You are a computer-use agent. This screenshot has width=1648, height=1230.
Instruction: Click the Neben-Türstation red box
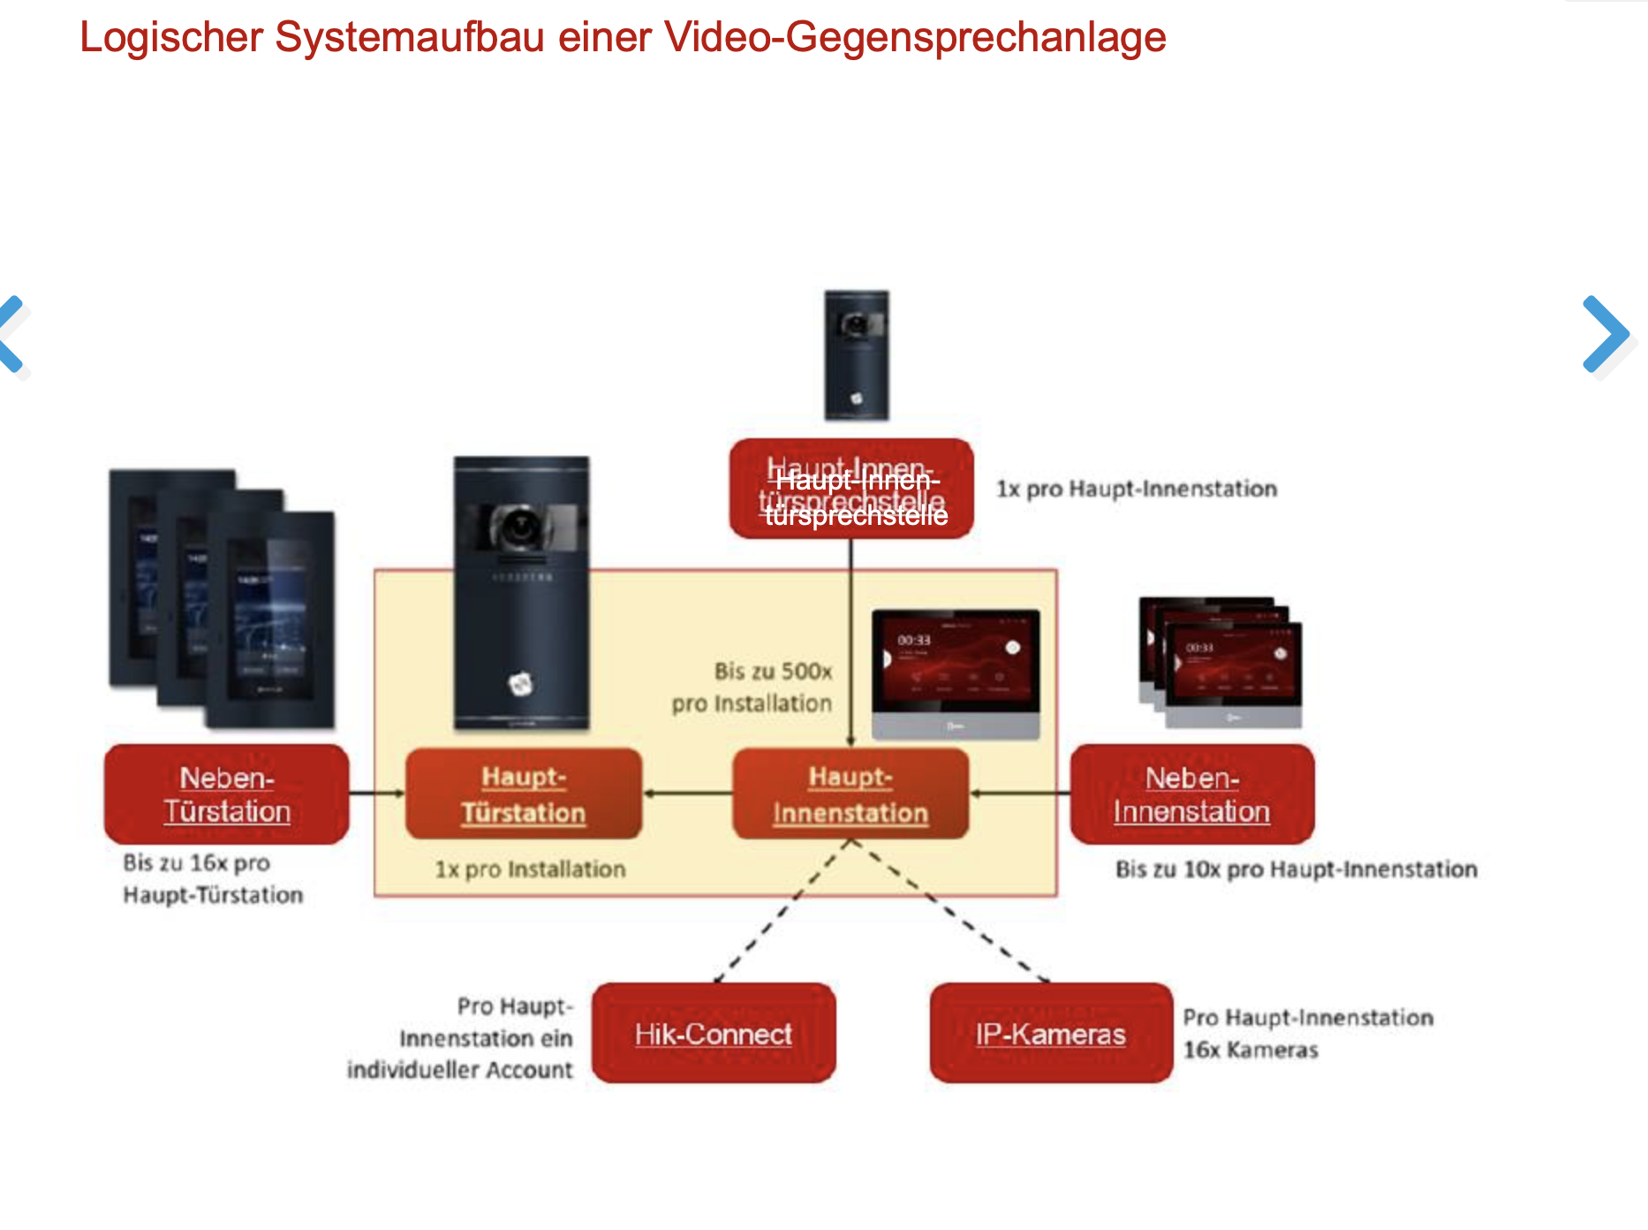tap(226, 794)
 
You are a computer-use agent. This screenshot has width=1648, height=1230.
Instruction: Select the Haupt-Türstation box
tap(523, 794)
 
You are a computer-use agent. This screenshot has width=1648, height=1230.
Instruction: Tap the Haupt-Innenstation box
tap(850, 794)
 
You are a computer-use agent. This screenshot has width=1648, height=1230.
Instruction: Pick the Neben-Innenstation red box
tap(1191, 794)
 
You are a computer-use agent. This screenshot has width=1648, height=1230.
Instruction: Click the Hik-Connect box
tap(714, 1033)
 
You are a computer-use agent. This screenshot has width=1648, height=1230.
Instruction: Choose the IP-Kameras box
tap(1051, 1033)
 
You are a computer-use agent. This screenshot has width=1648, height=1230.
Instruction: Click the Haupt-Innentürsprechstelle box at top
tap(851, 489)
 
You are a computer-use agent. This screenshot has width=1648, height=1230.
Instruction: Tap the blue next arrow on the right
tap(1606, 333)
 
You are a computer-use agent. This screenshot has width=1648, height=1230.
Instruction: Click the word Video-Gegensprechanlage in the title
tap(915, 37)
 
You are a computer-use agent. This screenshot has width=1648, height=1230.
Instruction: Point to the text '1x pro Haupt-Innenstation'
tap(1137, 489)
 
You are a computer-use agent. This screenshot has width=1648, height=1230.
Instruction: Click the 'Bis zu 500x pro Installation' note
tap(752, 687)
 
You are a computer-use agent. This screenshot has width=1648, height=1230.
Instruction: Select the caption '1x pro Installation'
tap(530, 869)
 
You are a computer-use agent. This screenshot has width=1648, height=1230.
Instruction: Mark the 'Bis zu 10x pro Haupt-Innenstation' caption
tap(1296, 869)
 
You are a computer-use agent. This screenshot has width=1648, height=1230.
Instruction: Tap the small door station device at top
tap(857, 354)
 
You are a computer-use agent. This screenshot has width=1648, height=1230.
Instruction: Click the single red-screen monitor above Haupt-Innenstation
tap(956, 672)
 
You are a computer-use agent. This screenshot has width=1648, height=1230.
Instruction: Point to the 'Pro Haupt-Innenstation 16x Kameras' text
tap(1307, 1033)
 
